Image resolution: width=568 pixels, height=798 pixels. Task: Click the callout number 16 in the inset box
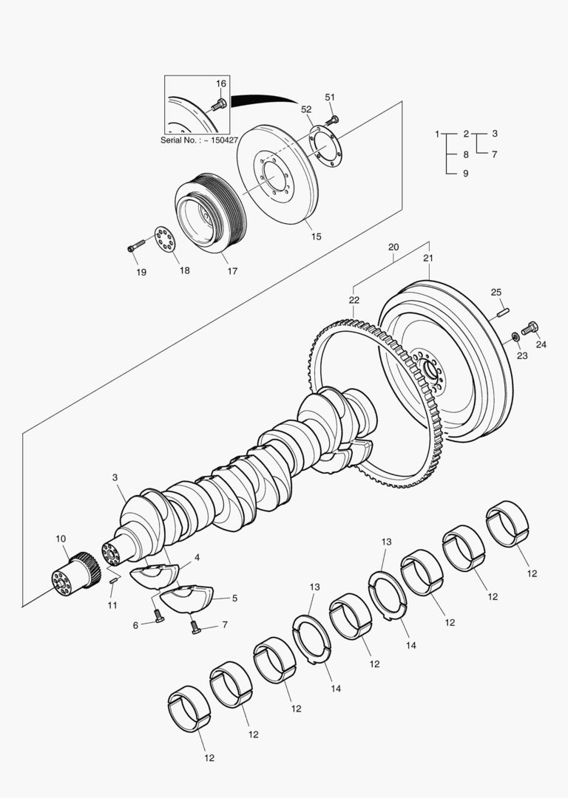(x=221, y=83)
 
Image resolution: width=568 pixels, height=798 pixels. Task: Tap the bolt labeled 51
(x=332, y=119)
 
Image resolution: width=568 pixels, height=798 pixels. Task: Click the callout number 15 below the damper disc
(x=316, y=237)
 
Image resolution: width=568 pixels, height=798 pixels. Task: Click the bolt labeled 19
(x=135, y=248)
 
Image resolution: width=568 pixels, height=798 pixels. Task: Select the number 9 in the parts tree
(x=465, y=174)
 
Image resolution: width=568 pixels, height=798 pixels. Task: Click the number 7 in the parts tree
(x=494, y=154)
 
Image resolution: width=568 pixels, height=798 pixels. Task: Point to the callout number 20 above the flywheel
(x=393, y=247)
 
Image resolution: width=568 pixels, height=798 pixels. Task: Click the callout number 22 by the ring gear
(x=354, y=299)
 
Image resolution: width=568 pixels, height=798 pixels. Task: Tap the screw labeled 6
(x=158, y=615)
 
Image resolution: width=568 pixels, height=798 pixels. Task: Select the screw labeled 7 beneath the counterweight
(x=195, y=627)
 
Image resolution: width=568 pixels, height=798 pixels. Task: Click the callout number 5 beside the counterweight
(x=234, y=598)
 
